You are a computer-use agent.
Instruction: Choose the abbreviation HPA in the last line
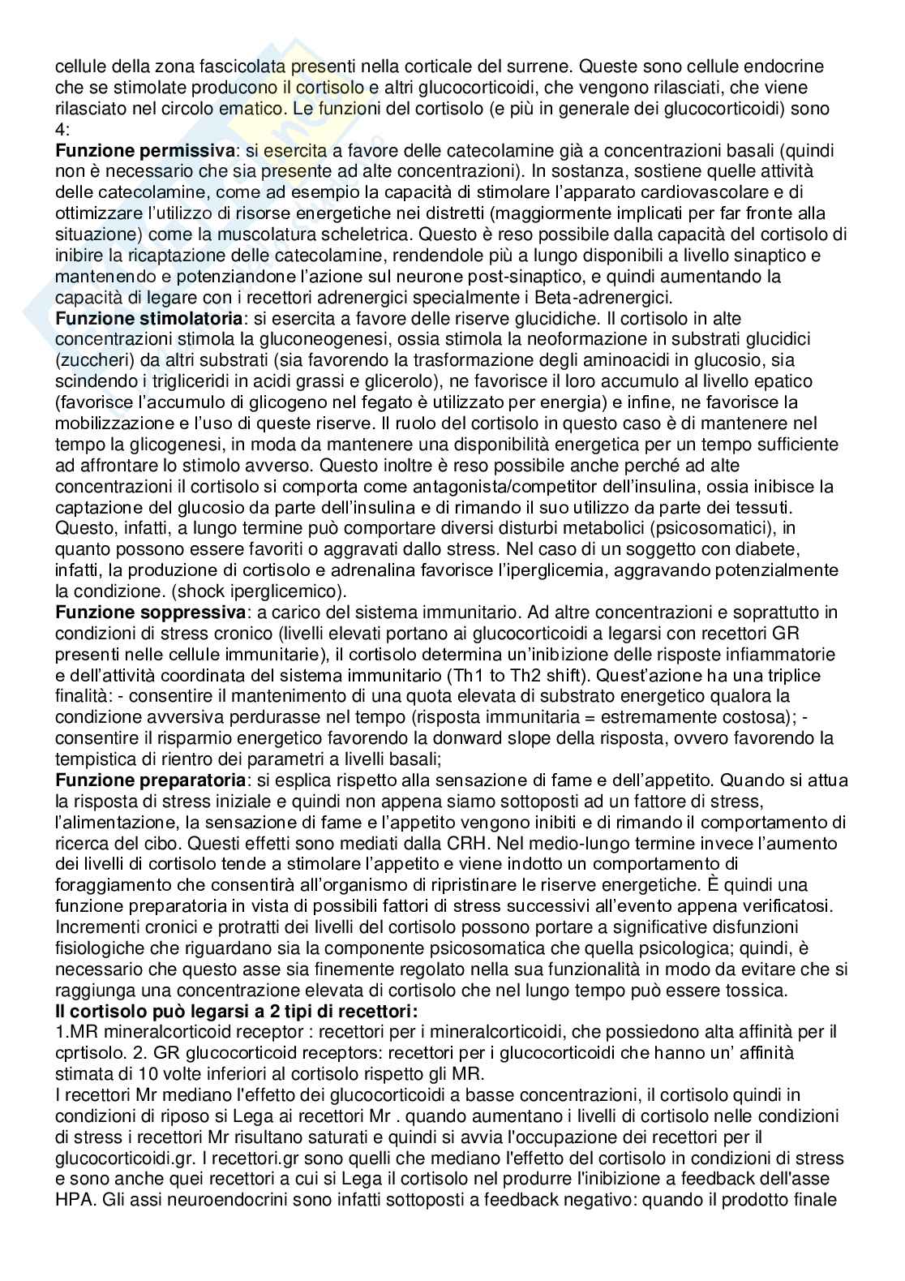click(x=72, y=1201)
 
